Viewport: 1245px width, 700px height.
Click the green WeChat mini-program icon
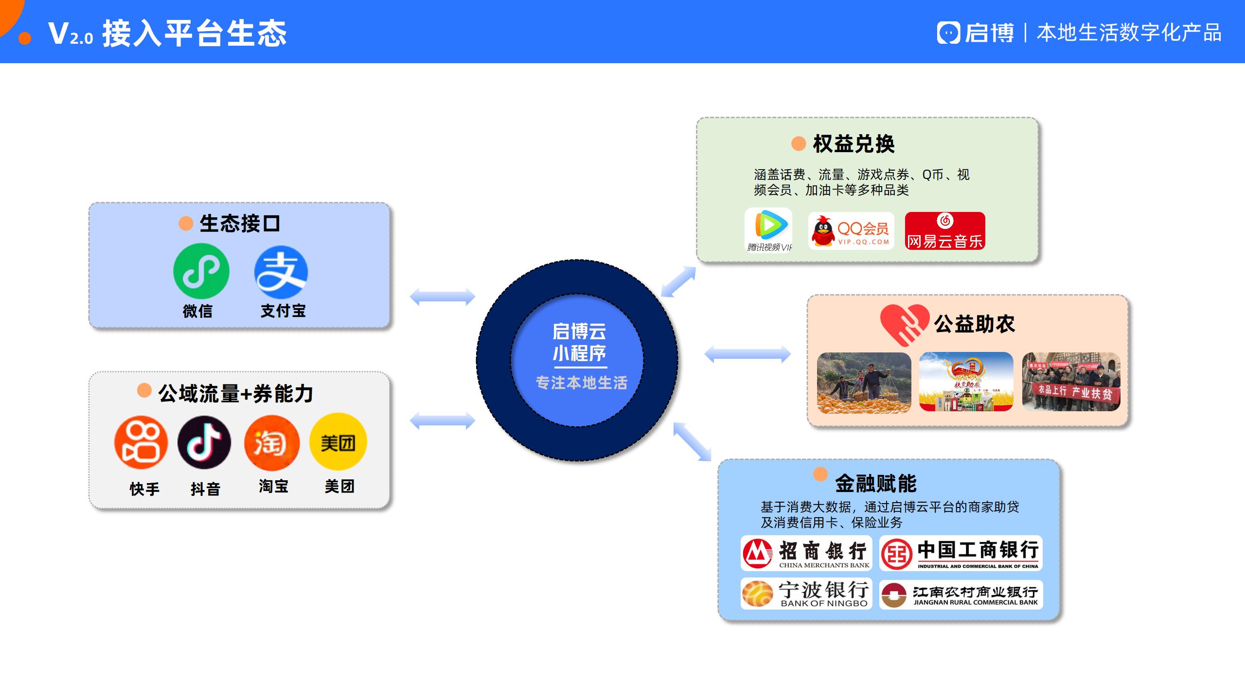click(201, 271)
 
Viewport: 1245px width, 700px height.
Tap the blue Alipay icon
click(281, 272)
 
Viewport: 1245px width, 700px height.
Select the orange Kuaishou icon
click(141, 442)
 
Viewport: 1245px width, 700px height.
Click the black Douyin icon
click(204, 442)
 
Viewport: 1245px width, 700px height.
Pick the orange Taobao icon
click(271, 443)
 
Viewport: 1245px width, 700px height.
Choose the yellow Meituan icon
click(338, 442)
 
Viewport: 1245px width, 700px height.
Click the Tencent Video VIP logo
click(768, 230)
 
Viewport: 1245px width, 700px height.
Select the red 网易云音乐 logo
click(945, 231)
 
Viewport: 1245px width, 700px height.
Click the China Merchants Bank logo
click(806, 553)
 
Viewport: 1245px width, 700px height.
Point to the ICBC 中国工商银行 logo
click(961, 553)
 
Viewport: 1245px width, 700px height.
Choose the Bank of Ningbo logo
click(806, 594)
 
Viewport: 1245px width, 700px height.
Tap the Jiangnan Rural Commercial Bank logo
click(961, 595)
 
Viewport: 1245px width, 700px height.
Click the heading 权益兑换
click(854, 144)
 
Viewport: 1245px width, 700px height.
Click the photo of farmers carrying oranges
click(864, 383)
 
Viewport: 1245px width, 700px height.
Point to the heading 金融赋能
click(875, 483)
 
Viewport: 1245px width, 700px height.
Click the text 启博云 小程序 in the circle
click(579, 342)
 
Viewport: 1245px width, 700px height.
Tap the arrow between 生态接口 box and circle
click(442, 297)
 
